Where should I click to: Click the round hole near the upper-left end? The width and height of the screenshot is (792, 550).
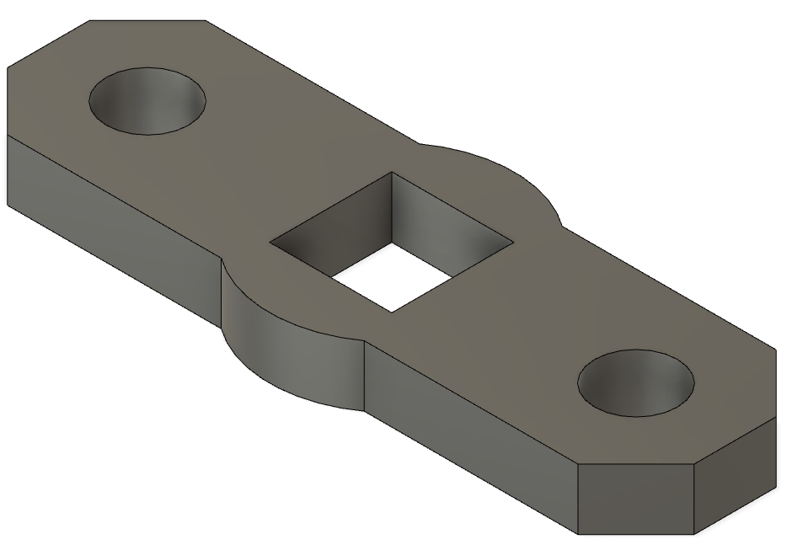147,101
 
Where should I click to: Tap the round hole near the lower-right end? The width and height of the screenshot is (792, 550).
636,383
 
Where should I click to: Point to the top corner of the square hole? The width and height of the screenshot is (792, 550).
392,173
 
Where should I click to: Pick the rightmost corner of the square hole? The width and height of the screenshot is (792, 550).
513,246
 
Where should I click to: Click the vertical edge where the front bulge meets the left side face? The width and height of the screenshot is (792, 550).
222,299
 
